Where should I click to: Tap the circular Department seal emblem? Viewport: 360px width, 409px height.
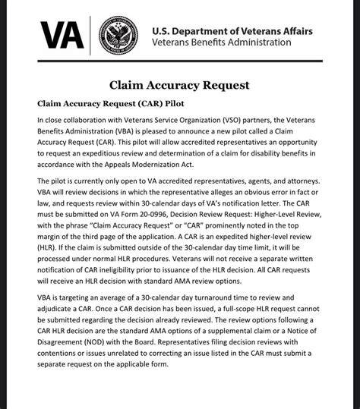pyautogui.click(x=121, y=35)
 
